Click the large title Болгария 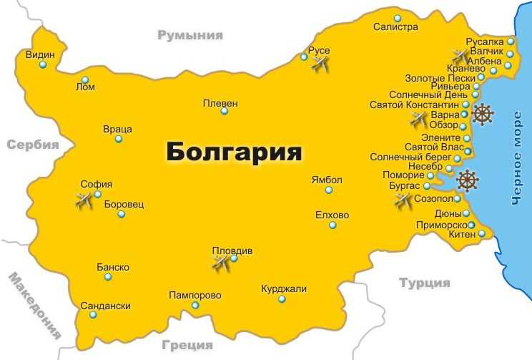coord(234,152)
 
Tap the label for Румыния coord(190,34)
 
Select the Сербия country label coord(32,145)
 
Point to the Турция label coord(425,283)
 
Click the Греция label coord(187,344)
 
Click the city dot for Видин coord(43,65)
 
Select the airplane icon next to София coord(85,201)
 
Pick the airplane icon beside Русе coord(320,64)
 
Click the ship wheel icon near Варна coord(483,114)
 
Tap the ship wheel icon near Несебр coord(468,180)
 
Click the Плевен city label coord(220,103)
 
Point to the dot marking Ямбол coord(329,190)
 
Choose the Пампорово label coord(194,295)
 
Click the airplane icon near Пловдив coord(221,263)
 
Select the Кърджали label coord(283,289)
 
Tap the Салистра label coord(395,27)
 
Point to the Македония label coord(34,306)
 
